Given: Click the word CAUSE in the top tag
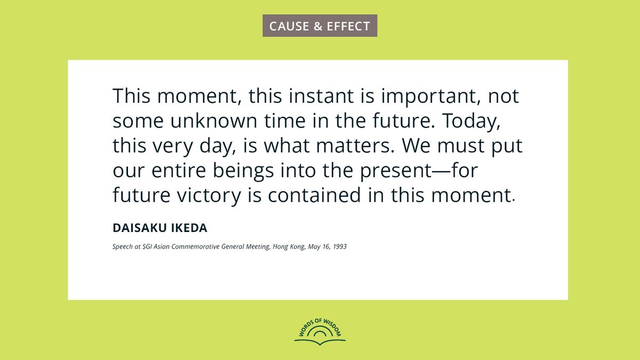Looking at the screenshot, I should (289, 26).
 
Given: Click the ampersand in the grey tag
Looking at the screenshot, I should (318, 26).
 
